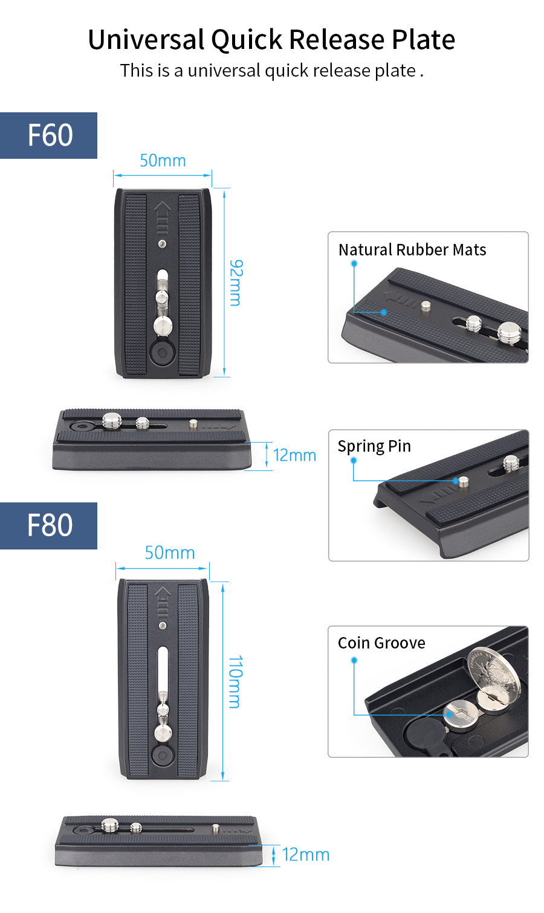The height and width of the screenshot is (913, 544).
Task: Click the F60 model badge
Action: tap(49, 135)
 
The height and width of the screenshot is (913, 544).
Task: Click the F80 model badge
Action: tap(49, 525)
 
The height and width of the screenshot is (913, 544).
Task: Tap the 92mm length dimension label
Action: tap(236, 283)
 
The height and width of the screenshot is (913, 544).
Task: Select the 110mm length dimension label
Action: tap(235, 681)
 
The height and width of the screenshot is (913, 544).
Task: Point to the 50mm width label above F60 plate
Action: tap(163, 161)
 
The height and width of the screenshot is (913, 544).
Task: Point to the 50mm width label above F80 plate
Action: tap(169, 553)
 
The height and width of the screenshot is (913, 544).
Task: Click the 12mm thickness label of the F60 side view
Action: tap(294, 455)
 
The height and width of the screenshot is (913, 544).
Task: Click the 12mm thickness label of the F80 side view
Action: tap(306, 854)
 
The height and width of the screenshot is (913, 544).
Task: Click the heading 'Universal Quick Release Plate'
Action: tap(271, 40)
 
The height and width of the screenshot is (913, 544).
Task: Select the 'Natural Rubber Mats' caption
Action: tap(412, 250)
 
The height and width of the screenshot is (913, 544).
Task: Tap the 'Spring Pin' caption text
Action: tap(374, 446)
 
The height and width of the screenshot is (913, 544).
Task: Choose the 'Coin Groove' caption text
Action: tap(381, 643)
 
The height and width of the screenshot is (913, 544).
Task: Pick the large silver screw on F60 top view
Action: tap(163, 325)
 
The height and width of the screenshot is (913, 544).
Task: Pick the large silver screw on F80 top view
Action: tap(163, 733)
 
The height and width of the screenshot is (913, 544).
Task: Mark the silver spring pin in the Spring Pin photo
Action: tap(463, 481)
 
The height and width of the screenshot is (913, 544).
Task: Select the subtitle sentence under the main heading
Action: tap(271, 71)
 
